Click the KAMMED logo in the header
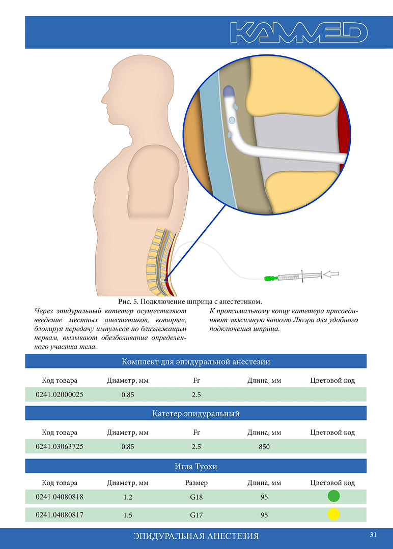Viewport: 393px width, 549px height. (298, 33)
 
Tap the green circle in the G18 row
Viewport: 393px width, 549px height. (334, 496)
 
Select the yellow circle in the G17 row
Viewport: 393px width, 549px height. (334, 514)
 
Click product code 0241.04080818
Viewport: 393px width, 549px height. (60, 497)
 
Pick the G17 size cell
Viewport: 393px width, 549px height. (196, 515)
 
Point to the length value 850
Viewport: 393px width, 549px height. (264, 447)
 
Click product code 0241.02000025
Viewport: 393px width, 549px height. (60, 394)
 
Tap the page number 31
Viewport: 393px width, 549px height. (373, 535)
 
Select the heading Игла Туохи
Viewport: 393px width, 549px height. (196, 466)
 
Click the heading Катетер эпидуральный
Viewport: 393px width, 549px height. (196, 413)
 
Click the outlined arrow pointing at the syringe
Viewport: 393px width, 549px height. (331, 274)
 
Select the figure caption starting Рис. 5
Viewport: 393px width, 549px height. (190, 301)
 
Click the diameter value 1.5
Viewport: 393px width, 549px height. (128, 515)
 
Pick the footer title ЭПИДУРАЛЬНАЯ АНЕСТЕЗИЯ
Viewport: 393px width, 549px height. (196, 536)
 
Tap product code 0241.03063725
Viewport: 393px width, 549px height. (60, 447)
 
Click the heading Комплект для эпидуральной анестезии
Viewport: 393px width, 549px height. (196, 362)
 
